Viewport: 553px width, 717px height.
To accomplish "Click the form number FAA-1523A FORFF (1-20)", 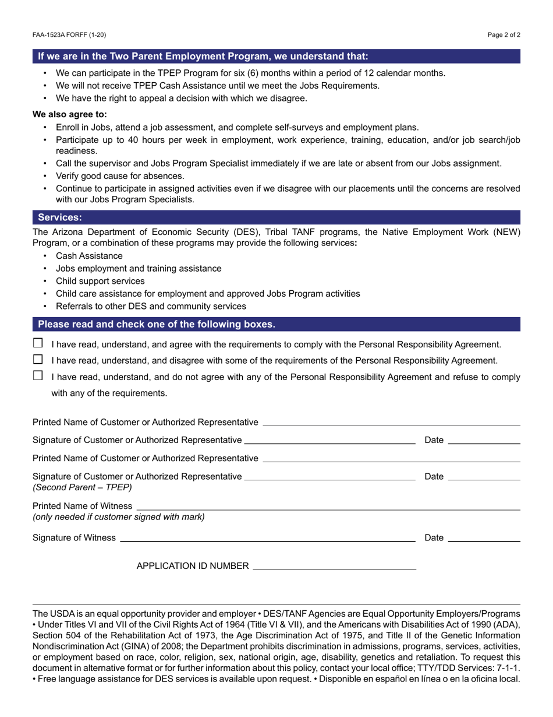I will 69,35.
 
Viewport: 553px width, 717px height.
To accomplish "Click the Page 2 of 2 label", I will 504,35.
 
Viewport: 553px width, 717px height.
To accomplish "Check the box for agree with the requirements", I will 38,343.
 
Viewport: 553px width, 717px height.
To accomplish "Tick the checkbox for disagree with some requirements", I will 38,359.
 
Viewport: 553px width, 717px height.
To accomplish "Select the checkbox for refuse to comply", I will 38,375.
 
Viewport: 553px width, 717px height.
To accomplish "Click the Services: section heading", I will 60,217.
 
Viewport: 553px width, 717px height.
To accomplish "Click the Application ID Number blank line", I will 335,565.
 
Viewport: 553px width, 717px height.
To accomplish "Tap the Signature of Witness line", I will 267,537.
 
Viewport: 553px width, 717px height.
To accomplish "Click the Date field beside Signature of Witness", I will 484,537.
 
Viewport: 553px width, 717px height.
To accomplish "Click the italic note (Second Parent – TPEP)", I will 82,487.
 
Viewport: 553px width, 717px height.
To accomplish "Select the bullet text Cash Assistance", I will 89,256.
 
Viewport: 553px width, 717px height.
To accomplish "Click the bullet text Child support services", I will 100,281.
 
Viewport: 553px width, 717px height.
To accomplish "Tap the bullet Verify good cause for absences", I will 120,176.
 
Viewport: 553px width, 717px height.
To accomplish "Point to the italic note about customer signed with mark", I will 119,516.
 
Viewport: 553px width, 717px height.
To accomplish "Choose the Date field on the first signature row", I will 484,440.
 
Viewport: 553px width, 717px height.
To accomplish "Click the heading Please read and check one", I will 157,324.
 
